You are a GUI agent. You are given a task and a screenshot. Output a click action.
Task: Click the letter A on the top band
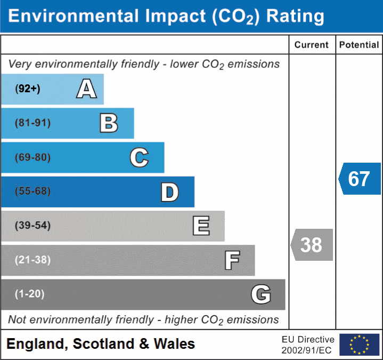(x=86, y=89)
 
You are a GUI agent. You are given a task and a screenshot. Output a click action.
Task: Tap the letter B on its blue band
(x=109, y=123)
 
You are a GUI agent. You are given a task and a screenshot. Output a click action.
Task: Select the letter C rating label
(x=139, y=157)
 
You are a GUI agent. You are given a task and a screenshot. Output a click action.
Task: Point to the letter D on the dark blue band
(x=169, y=192)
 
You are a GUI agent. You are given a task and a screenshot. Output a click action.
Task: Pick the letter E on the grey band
(x=201, y=226)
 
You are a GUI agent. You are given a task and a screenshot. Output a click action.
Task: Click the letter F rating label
(x=232, y=260)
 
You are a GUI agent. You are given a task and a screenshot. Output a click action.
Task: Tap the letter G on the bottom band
(x=261, y=294)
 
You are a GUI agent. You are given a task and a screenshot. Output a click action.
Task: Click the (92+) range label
(x=28, y=89)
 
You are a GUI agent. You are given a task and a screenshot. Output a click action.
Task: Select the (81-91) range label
(x=32, y=123)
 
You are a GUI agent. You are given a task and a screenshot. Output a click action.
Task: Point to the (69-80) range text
(x=32, y=157)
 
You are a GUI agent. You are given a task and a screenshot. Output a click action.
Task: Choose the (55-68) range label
(x=32, y=191)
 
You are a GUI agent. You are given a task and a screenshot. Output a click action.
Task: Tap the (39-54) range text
(x=32, y=226)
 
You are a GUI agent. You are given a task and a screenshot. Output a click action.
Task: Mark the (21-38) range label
(x=32, y=260)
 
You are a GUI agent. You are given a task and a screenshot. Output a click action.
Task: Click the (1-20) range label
(x=30, y=294)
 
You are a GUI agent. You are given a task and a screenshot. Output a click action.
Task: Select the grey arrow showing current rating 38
(x=312, y=245)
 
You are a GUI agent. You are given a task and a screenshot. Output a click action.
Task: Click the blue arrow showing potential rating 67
(x=360, y=179)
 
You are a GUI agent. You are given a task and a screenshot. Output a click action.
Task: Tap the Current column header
(x=312, y=45)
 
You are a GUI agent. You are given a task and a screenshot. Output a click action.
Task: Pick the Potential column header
(x=359, y=45)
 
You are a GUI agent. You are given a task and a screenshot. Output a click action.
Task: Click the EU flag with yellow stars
(x=359, y=345)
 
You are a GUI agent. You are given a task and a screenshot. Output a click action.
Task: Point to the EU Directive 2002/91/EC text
(x=308, y=345)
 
